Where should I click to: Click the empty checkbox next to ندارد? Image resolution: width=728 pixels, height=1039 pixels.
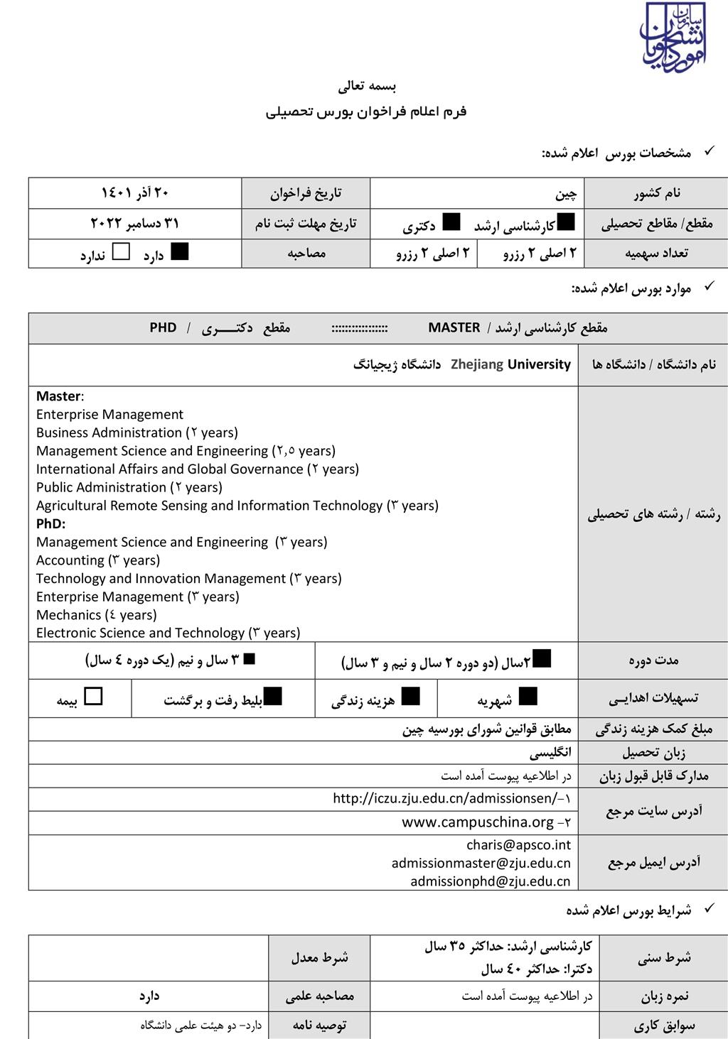pyautogui.click(x=122, y=251)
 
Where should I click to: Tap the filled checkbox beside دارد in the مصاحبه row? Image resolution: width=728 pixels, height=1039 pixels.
pyautogui.click(x=180, y=251)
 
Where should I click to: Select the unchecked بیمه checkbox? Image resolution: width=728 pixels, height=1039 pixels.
pyautogui.click(x=93, y=696)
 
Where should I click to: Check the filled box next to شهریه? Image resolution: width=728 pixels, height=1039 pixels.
pyautogui.click(x=528, y=696)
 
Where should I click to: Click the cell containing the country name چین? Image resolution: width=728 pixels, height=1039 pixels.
pyautogui.click(x=566, y=193)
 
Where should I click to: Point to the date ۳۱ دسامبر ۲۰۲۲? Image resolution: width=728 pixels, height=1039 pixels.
pyautogui.click(x=134, y=223)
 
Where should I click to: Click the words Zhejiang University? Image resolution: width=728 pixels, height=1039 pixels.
pyautogui.click(x=510, y=364)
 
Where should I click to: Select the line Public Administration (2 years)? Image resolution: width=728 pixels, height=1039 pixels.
pyautogui.click(x=129, y=487)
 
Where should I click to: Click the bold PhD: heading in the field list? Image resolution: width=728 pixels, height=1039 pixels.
pyautogui.click(x=50, y=523)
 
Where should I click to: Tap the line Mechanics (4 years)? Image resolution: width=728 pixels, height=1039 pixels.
pyautogui.click(x=96, y=615)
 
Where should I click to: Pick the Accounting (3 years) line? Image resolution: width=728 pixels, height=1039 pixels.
pyautogui.click(x=98, y=560)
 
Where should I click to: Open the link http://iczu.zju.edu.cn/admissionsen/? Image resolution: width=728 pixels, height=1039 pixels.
pyautogui.click(x=446, y=798)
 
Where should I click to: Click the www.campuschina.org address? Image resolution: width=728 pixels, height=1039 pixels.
pyautogui.click(x=478, y=822)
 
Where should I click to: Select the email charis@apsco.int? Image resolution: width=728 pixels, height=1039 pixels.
pyautogui.click(x=518, y=844)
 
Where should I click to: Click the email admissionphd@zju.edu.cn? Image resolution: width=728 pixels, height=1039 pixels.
pyautogui.click(x=491, y=881)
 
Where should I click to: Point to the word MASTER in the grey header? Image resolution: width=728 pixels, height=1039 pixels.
pyautogui.click(x=454, y=327)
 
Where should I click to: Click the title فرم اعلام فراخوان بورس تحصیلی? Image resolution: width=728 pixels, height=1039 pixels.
pyautogui.click(x=366, y=111)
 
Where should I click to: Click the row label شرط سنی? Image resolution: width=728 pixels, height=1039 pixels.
pyautogui.click(x=663, y=957)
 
